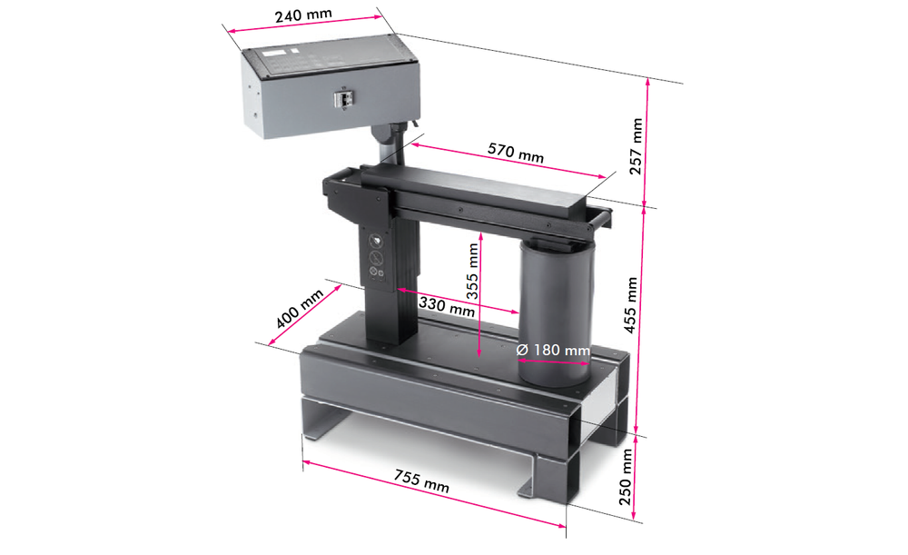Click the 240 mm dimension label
tap(303, 15)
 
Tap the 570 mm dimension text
tap(516, 153)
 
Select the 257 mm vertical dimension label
tap(637, 146)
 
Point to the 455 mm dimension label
tap(631, 304)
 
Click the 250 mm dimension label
tap(626, 477)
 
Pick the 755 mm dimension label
tap(421, 481)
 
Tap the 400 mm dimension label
tap(299, 310)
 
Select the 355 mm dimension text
tap(472, 271)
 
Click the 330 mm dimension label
tap(447, 306)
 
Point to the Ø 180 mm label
tap(553, 350)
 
